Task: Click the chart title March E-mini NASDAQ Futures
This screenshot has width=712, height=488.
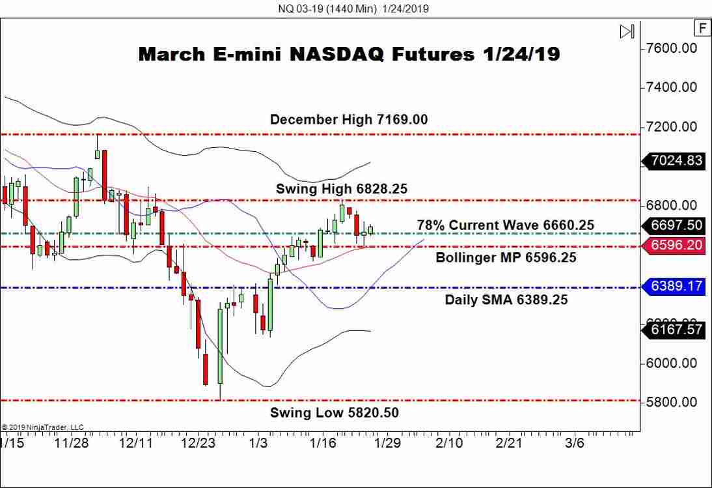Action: coord(349,54)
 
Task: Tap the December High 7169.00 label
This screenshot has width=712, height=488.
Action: coord(349,119)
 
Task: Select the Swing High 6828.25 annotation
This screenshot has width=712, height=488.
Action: coord(342,188)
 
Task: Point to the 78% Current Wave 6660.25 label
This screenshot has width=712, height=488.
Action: coord(506,225)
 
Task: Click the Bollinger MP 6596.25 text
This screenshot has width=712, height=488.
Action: coord(506,257)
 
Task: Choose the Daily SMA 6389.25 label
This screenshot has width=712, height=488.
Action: coord(506,300)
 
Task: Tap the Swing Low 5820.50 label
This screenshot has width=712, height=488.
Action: coord(335,412)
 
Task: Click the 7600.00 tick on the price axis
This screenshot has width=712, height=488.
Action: coord(671,48)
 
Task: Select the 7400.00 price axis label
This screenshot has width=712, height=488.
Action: coord(671,87)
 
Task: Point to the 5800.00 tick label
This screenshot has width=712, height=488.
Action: coord(671,402)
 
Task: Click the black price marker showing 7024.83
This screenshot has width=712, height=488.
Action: coord(675,160)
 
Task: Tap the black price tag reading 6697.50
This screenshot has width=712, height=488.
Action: coord(675,225)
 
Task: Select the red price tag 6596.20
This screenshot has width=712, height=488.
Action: coord(675,246)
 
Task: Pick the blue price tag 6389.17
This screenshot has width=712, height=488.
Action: coord(675,286)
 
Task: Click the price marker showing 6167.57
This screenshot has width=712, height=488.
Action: coord(675,330)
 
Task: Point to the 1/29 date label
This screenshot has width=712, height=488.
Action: coord(388,443)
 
